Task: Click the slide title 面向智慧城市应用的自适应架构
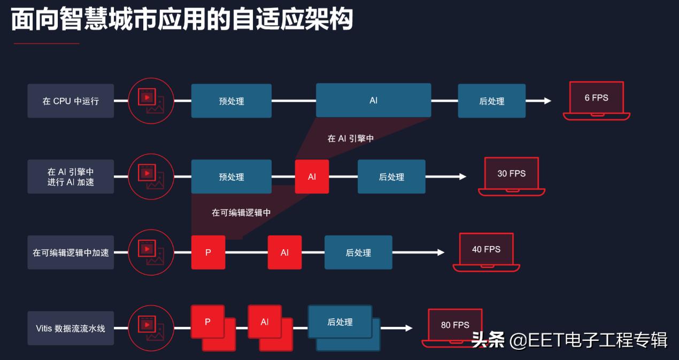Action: (182, 20)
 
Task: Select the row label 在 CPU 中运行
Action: (71, 101)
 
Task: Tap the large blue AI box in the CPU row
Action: (373, 100)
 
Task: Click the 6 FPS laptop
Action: (596, 100)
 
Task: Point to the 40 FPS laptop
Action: (486, 251)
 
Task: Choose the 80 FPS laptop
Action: (455, 327)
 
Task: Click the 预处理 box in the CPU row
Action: (231, 101)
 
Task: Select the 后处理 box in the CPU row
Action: (491, 101)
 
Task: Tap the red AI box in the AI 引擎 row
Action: (312, 177)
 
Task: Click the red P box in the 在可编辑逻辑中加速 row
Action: (208, 252)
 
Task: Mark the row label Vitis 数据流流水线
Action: (71, 328)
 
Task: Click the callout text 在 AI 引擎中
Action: (350, 139)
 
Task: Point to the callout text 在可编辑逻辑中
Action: (241, 212)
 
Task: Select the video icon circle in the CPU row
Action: (151, 101)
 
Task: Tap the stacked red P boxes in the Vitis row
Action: (212, 327)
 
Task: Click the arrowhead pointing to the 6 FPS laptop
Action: (547, 101)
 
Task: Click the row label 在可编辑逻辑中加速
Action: (71, 252)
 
